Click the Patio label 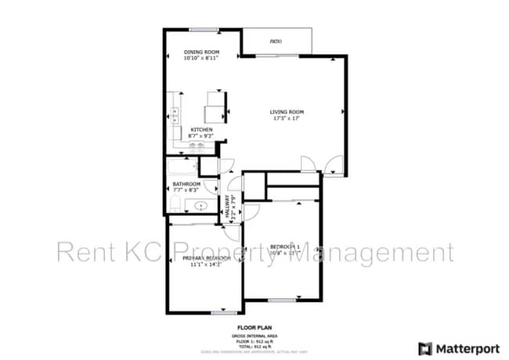point(276,41)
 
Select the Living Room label point(287,112)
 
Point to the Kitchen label point(202,129)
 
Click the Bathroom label point(186,184)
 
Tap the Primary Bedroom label point(206,258)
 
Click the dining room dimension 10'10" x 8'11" point(200,58)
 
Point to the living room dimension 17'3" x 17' point(287,119)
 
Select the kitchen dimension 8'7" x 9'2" point(201,136)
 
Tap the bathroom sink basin point(200,207)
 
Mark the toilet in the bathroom point(174,205)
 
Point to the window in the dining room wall point(203,30)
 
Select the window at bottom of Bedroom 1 point(282,300)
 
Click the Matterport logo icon point(425,347)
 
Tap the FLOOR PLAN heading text point(254,328)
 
